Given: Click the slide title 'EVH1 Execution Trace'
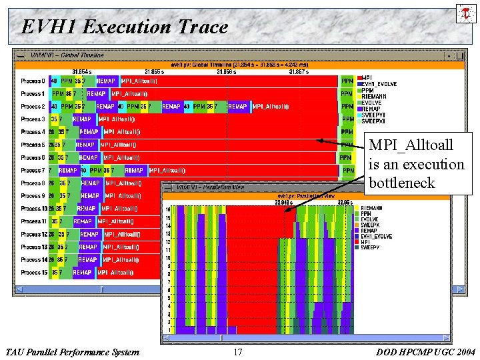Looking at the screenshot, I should (x=125, y=27).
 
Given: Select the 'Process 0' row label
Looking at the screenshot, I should (x=33, y=81).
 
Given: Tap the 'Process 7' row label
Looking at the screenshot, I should (x=33, y=171).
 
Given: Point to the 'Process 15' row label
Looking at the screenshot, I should (x=34, y=273).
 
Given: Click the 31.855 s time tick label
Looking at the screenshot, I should (x=154, y=71).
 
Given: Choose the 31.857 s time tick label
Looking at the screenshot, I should (x=299, y=71).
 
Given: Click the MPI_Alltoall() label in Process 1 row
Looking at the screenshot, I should (x=134, y=94).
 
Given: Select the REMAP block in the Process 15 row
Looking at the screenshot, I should (x=82, y=273).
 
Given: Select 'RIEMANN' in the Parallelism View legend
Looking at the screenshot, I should (x=371, y=208).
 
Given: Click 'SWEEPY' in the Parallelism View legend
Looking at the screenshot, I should (x=370, y=247).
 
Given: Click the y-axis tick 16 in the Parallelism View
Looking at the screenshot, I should (x=168, y=209).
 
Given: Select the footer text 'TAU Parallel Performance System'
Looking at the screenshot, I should (x=72, y=352).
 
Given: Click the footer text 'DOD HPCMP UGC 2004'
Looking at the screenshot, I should (x=425, y=352).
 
